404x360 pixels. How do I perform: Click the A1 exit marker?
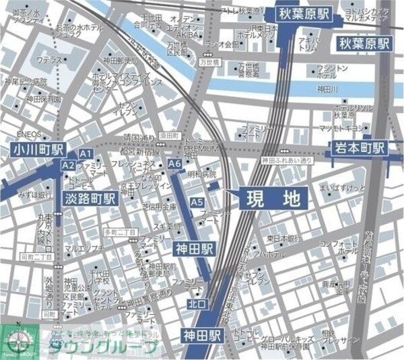point(86,153)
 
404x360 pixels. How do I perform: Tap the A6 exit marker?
point(175,164)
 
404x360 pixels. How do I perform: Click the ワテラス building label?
point(50,61)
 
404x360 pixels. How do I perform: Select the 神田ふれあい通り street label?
point(288,161)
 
